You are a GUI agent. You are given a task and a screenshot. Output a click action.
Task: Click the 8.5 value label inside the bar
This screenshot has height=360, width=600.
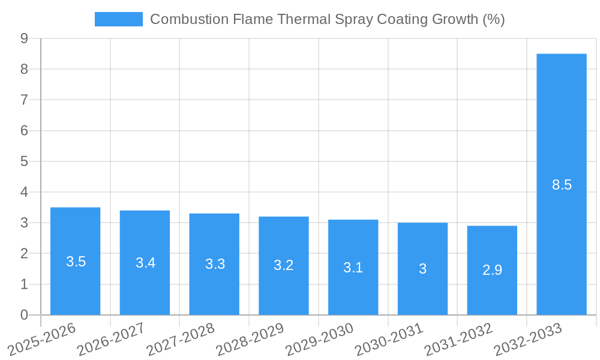coord(562,185)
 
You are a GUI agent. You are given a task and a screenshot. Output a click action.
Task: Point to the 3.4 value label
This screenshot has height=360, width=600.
coord(145,263)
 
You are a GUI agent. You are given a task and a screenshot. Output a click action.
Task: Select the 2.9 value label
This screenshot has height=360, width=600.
coord(492,270)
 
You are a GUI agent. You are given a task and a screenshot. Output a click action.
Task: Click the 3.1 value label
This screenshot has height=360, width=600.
coord(353,268)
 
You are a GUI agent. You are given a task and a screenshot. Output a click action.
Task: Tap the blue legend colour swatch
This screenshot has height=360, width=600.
coord(118,19)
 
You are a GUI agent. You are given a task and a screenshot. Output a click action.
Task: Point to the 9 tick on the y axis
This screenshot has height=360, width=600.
coord(24,38)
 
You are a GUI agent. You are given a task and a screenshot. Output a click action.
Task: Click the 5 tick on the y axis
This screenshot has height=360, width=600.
coord(24,161)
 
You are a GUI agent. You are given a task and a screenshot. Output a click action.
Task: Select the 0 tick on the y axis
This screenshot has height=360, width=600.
coord(24,315)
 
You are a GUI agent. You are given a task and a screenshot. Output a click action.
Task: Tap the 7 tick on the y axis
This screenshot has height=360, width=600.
coord(24,100)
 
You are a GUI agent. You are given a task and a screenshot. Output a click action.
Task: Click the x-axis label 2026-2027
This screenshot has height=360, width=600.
coord(112,338)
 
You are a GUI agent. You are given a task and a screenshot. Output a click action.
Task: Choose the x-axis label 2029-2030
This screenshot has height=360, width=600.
coord(320,338)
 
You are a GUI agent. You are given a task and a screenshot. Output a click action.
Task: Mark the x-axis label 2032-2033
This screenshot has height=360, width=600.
coord(528,338)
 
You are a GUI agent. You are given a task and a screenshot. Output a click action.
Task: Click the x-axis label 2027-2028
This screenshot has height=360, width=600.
coord(181,338)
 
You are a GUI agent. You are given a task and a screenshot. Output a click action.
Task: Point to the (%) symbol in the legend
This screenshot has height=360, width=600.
coord(494,19)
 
